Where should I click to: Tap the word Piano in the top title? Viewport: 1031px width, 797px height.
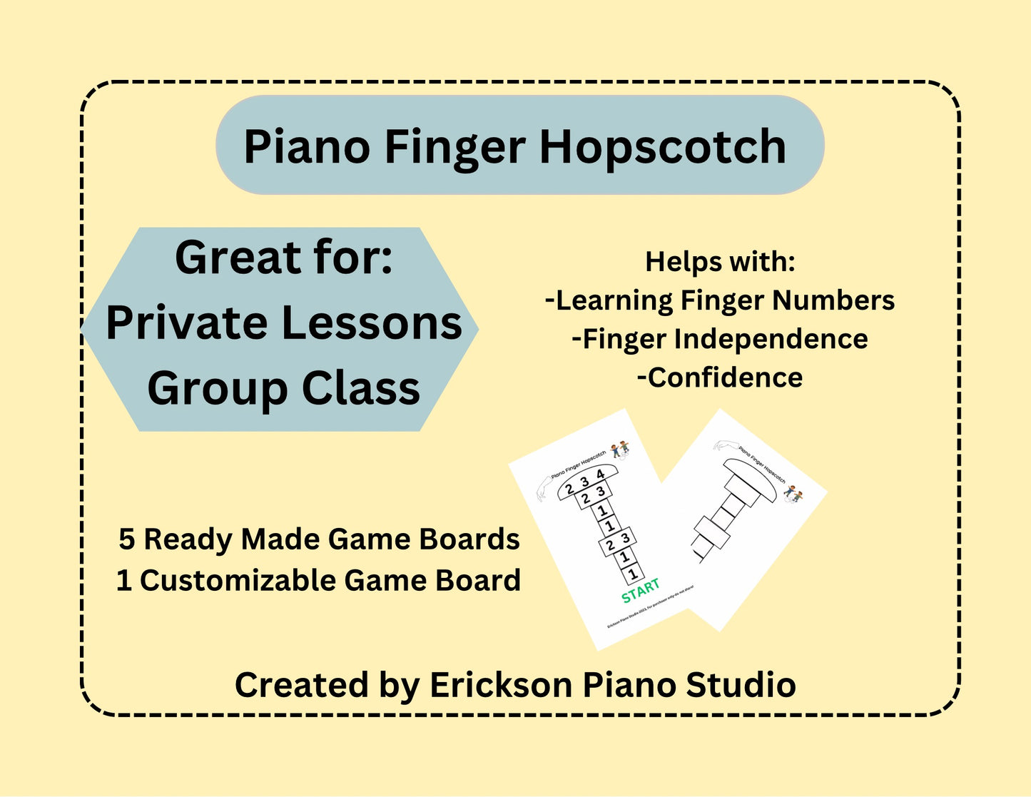point(307,148)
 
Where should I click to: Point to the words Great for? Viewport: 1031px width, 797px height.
point(284,258)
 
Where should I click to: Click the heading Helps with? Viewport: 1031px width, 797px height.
point(720,262)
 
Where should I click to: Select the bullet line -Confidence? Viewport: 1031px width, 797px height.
point(720,377)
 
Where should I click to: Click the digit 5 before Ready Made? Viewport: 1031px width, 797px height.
point(126,539)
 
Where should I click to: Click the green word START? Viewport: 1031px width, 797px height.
point(640,590)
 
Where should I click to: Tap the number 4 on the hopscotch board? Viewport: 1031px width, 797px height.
point(600,474)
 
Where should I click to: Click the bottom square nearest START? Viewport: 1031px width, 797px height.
point(632,572)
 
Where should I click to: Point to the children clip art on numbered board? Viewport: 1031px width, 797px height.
point(620,449)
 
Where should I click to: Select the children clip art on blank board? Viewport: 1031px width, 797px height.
point(793,494)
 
